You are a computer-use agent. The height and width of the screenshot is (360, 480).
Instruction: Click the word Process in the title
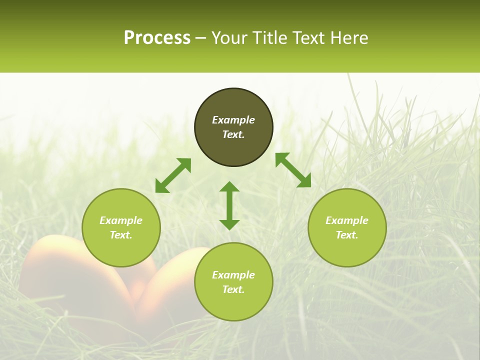pos(157,38)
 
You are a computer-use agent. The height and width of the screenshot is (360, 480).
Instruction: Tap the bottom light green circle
pos(233,305)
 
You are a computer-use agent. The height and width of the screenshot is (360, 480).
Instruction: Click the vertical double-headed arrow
pos(229,205)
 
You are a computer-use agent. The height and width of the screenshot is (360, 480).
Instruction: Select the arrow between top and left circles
pos(173,175)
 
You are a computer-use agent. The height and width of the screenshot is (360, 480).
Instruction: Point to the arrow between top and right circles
pos(293,170)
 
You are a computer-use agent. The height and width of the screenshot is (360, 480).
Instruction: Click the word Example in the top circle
pos(233,120)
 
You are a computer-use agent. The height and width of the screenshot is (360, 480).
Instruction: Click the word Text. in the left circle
pos(121,235)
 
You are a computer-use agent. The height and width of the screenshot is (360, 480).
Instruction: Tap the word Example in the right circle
pos(347,220)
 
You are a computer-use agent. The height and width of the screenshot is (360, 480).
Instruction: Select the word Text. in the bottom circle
pos(233,289)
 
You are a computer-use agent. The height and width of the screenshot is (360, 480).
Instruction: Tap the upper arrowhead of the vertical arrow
pos(229,187)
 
